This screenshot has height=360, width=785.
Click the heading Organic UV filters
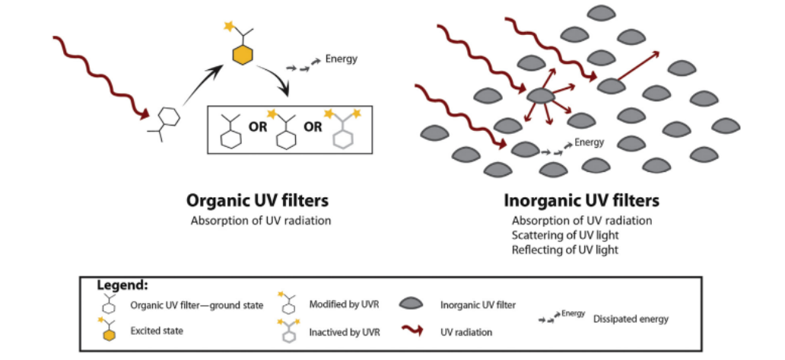[x=258, y=202]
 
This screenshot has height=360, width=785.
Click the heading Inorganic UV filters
[x=581, y=202]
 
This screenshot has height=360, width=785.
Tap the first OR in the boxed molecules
[x=258, y=127]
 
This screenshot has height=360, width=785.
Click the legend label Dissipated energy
[x=631, y=319]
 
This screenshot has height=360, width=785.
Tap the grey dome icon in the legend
[x=412, y=304]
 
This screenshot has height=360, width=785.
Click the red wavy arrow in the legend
[x=412, y=331]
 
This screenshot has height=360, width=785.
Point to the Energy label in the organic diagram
[x=341, y=58]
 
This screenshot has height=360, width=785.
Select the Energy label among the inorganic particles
[x=589, y=142]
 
